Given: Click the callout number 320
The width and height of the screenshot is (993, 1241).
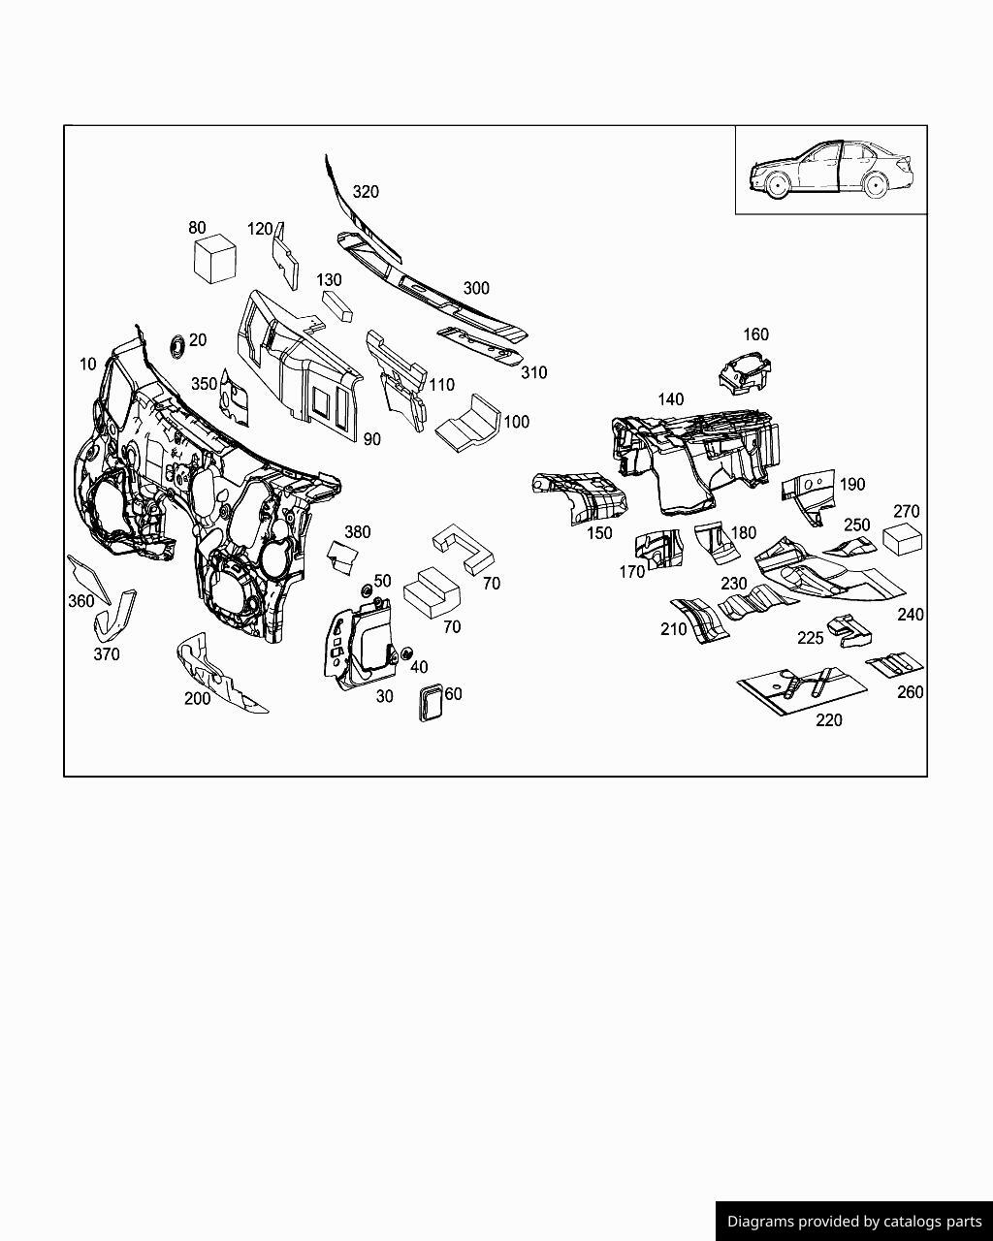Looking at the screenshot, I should click(366, 192).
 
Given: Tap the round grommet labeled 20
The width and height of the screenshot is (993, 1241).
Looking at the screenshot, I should click(176, 344).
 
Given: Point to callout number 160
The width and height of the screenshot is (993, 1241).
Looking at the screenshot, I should click(755, 334).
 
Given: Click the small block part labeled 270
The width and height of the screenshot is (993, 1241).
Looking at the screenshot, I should click(904, 540).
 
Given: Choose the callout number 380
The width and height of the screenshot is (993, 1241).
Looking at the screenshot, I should click(358, 532).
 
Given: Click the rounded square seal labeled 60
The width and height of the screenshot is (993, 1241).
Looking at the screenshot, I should click(428, 702).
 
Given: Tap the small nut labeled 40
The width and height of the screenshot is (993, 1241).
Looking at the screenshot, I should click(406, 652).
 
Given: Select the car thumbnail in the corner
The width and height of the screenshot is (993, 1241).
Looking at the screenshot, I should click(830, 171).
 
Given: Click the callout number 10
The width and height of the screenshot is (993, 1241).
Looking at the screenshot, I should click(88, 365).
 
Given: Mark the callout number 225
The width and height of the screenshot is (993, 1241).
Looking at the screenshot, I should click(810, 638).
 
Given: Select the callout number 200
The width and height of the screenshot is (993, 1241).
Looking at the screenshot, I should click(197, 699).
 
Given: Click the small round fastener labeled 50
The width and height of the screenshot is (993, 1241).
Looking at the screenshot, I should click(368, 591).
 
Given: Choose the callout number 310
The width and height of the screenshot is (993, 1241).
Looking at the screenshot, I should click(534, 372).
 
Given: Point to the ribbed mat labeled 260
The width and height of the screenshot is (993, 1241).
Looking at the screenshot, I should click(895, 665).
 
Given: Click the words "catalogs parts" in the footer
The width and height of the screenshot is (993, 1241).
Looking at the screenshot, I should click(932, 1222).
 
